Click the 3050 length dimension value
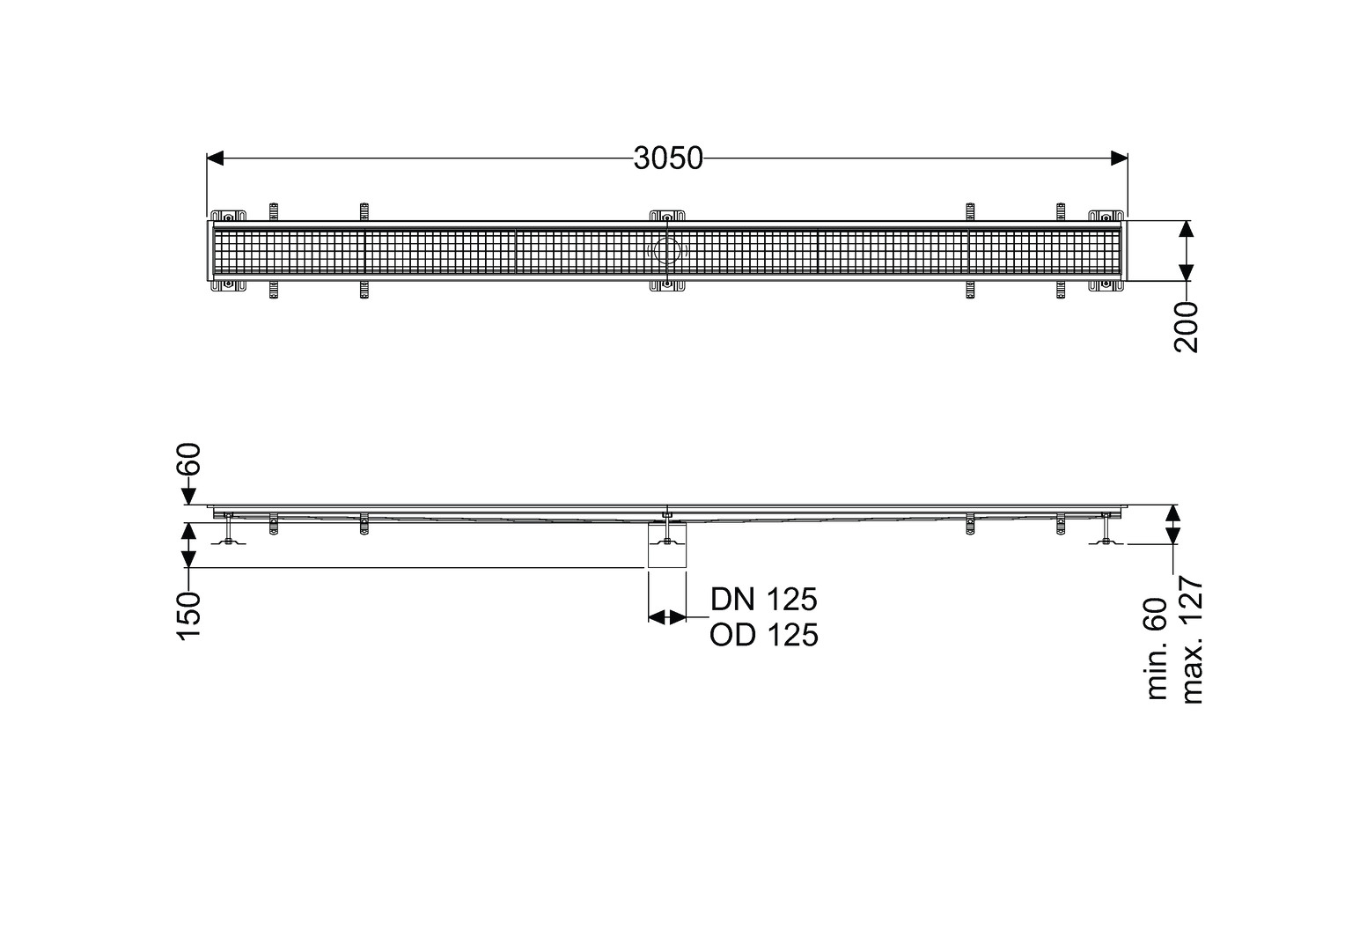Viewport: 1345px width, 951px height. [668, 158]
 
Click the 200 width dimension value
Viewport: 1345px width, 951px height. [1186, 327]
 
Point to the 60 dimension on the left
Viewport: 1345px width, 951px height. [189, 459]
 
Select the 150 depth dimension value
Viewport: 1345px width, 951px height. [189, 616]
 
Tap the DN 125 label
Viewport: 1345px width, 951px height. [764, 599]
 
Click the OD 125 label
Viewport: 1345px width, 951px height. [764, 635]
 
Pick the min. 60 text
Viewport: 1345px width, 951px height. [1157, 649]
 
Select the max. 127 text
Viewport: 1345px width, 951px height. [1191, 640]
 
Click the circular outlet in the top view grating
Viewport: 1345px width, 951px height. [667, 251]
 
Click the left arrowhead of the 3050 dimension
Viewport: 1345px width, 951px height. [215, 158]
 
